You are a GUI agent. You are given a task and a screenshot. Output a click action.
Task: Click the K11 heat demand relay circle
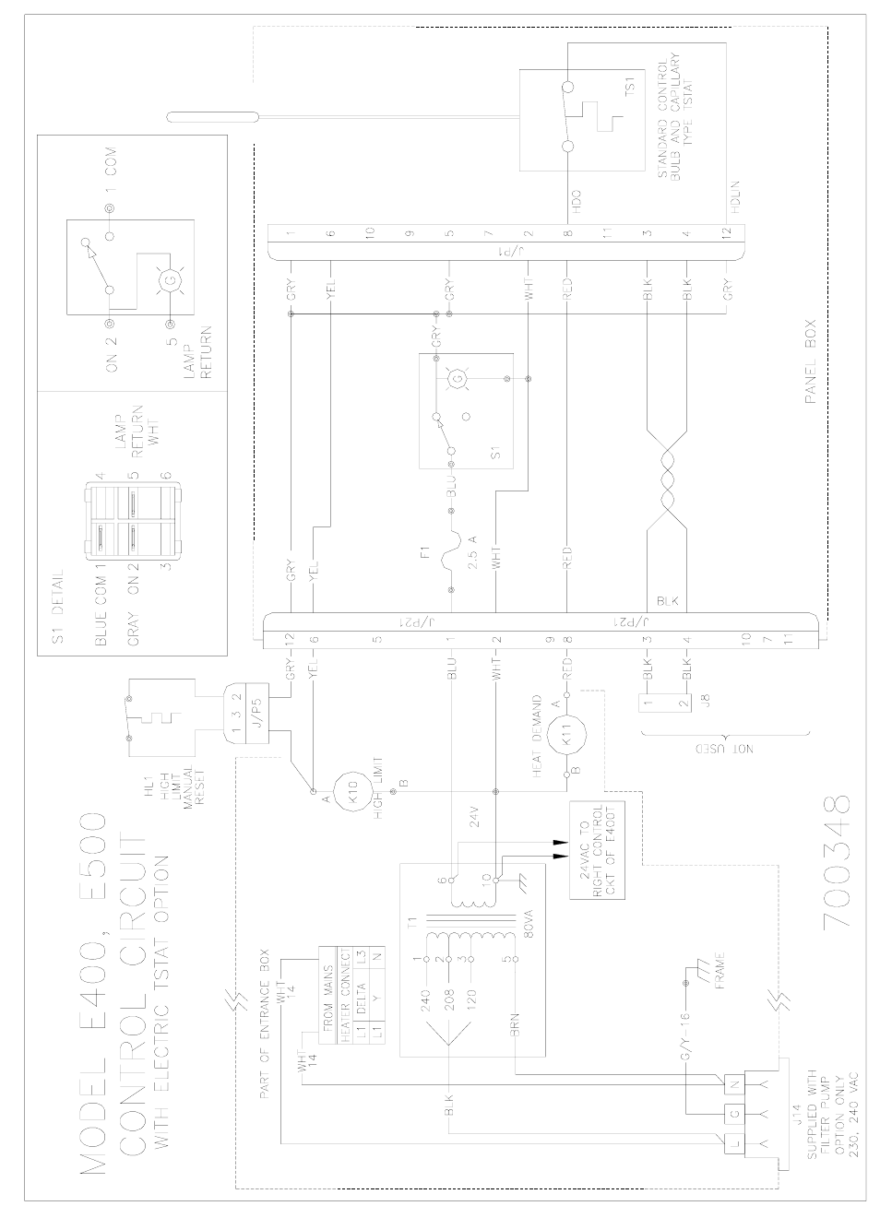point(566,738)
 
